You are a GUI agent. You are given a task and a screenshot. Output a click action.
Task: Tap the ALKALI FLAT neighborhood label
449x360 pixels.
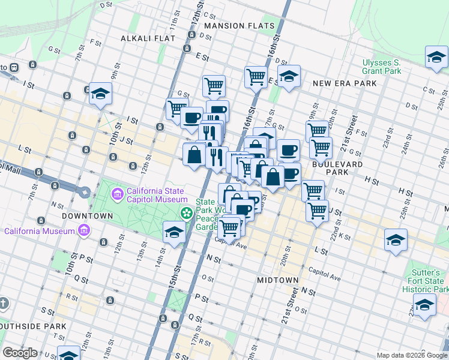click(x=148, y=38)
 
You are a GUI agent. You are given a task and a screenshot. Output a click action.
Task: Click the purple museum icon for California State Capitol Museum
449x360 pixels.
click(x=118, y=194)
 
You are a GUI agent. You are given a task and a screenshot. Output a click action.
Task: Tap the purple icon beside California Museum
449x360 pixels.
click(x=83, y=231)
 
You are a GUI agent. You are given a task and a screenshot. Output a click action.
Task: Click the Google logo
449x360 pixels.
click(x=20, y=353)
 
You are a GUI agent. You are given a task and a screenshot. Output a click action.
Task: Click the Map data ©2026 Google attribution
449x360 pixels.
click(x=412, y=355)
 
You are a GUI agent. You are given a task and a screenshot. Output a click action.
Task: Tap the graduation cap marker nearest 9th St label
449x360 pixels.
click(x=100, y=94)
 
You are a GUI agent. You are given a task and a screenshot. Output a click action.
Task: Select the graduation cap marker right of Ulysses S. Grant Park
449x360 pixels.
click(x=436, y=58)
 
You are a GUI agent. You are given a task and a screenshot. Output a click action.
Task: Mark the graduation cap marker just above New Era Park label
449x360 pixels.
click(x=289, y=77)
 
